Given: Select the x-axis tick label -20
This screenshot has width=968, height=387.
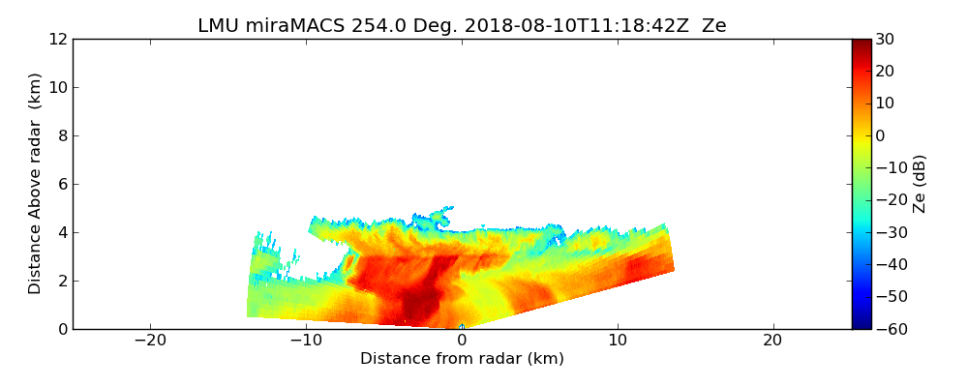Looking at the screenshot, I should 150,341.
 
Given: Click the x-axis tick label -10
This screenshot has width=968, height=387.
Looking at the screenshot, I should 306,341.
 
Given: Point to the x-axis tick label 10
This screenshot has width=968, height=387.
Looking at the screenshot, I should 618,341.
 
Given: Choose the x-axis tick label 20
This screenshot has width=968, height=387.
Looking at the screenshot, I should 772,341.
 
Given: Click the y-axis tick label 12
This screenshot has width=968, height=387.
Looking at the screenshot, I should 57,39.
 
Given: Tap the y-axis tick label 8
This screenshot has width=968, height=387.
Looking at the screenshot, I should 61,135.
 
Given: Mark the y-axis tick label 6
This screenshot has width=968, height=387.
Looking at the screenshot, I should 61,184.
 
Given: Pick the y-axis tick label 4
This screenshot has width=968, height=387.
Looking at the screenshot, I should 61,232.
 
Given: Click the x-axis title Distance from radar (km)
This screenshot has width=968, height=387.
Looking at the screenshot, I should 462,359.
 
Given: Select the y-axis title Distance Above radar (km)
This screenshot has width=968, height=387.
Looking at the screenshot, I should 35,183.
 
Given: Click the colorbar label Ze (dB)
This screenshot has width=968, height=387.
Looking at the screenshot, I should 920,183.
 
